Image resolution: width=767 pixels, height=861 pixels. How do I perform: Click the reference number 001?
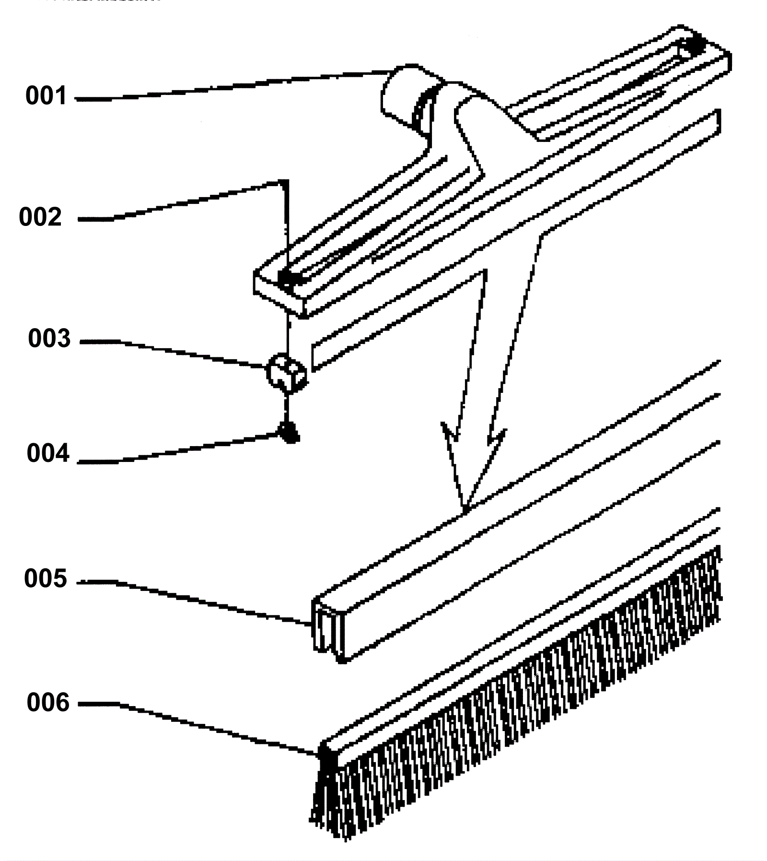46,96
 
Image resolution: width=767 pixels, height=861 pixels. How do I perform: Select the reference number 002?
40,217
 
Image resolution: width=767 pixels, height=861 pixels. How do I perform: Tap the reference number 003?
49,339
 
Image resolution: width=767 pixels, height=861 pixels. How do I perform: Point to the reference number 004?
48,453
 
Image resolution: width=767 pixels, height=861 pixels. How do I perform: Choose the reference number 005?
46,579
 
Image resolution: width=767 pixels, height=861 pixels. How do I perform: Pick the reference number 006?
48,703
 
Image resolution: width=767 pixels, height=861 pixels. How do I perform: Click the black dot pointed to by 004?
290,432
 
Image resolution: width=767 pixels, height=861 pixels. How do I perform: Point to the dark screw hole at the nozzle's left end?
287,278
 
